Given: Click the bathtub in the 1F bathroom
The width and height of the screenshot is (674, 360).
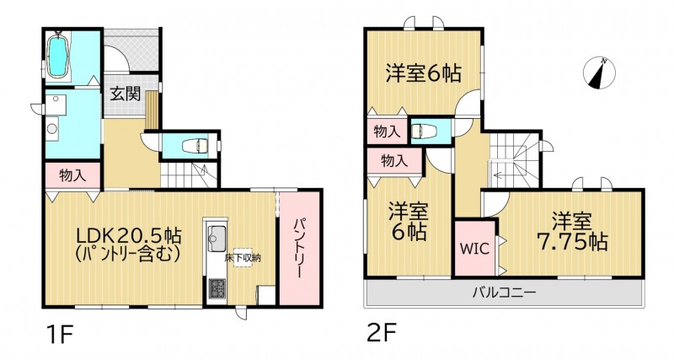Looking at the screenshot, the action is point(57,56).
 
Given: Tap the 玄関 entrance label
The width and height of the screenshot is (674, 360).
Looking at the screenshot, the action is point(126,94).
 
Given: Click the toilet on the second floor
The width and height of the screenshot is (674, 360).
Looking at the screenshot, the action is point(424,131).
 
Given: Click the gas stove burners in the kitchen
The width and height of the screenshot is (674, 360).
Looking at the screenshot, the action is point(217,288).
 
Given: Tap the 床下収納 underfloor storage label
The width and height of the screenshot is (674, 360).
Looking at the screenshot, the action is point(243,258).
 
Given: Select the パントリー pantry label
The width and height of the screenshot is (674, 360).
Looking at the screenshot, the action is point(300,249).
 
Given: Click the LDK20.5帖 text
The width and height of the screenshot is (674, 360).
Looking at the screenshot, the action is point(129,235).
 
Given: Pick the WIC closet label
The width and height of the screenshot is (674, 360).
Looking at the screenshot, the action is point(474,248).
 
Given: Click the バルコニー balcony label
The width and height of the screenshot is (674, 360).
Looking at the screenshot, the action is point(505,293).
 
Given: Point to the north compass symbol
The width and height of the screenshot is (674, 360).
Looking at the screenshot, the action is point(599,73).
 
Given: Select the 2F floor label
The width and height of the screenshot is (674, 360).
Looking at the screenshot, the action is point(382,332).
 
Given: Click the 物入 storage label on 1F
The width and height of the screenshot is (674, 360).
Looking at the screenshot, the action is point(72,175).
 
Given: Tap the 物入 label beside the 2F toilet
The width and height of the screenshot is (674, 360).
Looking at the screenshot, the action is point(387,132).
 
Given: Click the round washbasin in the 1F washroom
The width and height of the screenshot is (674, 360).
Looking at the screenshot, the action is point(52,128).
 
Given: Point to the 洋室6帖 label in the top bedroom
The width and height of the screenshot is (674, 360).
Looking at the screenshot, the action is point(424,73).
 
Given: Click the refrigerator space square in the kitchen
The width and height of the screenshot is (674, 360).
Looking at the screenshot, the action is point(265,295).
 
